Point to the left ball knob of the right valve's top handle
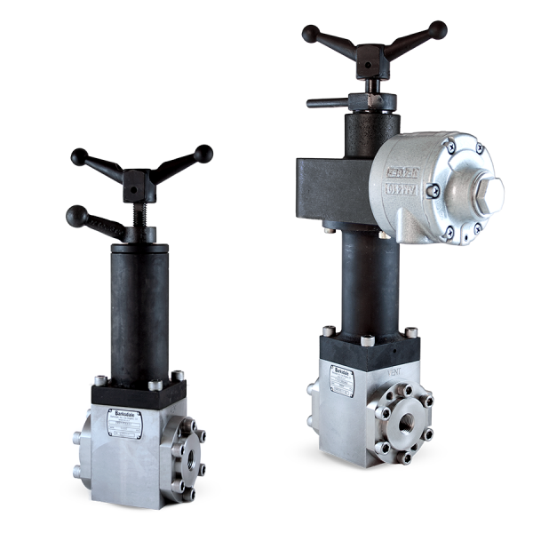point(310,34)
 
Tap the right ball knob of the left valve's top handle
point(203,154)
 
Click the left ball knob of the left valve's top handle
point(80,157)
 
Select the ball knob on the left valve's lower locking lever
point(76,216)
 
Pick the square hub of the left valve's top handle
point(137,185)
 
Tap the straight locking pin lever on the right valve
point(329,102)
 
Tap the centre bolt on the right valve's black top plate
point(367,339)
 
